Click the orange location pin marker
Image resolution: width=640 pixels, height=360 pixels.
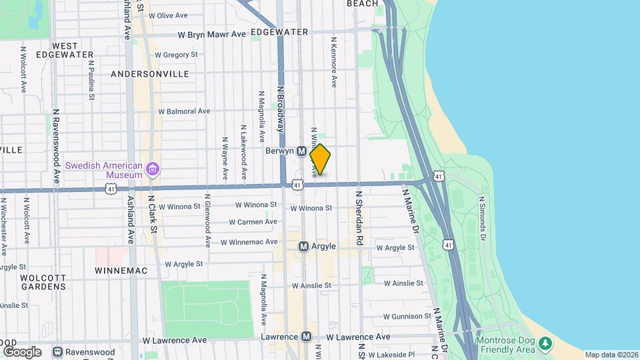click(320, 159)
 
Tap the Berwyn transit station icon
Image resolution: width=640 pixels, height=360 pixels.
click(301, 151)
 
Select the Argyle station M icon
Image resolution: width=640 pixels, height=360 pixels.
click(303, 247)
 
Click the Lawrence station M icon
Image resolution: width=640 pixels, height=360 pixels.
click(306, 337)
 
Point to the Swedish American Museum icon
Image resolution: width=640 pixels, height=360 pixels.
click(153, 169)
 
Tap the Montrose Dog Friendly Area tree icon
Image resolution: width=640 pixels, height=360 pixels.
click(546, 343)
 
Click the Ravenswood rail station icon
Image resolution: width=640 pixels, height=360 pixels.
click(58, 351)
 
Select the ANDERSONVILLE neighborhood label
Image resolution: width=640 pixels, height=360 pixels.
click(150, 74)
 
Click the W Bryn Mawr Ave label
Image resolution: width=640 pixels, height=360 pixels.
click(211, 35)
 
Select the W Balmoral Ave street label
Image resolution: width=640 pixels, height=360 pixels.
click(184, 111)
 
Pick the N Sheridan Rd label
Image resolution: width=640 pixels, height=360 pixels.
click(359, 217)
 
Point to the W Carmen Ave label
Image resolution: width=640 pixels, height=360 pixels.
click(253, 222)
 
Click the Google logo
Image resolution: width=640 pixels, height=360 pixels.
click(22, 351)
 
